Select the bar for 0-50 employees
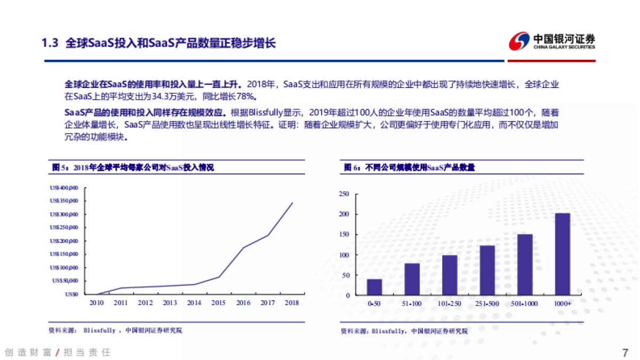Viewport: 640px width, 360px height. pos(374,287)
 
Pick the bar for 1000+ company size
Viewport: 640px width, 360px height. pos(562,254)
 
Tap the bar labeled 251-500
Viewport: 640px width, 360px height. pos(487,270)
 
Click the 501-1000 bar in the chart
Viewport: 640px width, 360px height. pos(525,265)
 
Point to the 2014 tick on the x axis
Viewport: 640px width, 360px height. pos(194,303)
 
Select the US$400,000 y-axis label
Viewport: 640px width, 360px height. pos(64,188)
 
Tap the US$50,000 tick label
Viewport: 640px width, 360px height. pos(65,281)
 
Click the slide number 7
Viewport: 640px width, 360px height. pos(625,353)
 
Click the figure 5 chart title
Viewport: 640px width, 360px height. pos(133,167)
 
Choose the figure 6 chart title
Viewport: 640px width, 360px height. pos(409,167)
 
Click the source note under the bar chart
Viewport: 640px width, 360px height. pos(404,331)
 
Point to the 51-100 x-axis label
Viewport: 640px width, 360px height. pos(412,303)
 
